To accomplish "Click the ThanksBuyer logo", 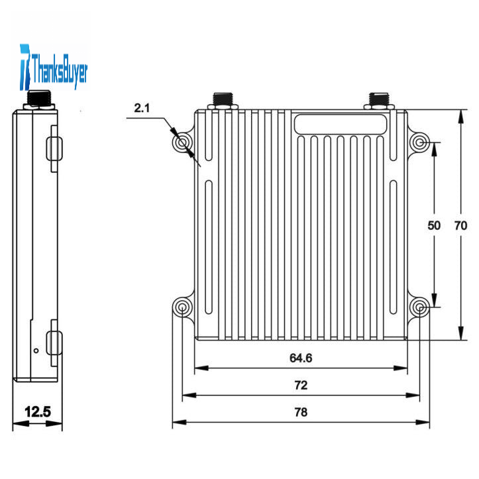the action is pyautogui.click(x=54, y=68).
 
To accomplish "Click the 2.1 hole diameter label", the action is pyautogui.click(x=142, y=108).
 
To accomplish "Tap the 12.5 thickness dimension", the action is pyautogui.click(x=38, y=411).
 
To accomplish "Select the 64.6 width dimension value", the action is pyautogui.click(x=301, y=358).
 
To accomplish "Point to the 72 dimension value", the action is pyautogui.click(x=301, y=385).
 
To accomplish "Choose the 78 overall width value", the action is pyautogui.click(x=301, y=412).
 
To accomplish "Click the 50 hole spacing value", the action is pyautogui.click(x=434, y=225).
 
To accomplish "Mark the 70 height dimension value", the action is pyautogui.click(x=460, y=225).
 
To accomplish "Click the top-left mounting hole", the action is pyautogui.click(x=182, y=142).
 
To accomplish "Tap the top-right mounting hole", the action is pyautogui.click(x=420, y=142).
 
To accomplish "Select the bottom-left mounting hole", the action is pyautogui.click(x=182, y=307).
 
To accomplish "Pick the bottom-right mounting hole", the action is pyautogui.click(x=420, y=307).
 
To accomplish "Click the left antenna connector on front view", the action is pyautogui.click(x=223, y=101).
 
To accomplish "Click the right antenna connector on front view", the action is pyautogui.click(x=379, y=101).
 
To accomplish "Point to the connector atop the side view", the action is pyautogui.click(x=39, y=100).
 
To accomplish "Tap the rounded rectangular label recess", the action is pyautogui.click(x=341, y=124).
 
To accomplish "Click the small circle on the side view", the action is pyautogui.click(x=36, y=350).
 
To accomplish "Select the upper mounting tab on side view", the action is pyautogui.click(x=54, y=149).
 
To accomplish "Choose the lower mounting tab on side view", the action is pyautogui.click(x=54, y=343).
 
